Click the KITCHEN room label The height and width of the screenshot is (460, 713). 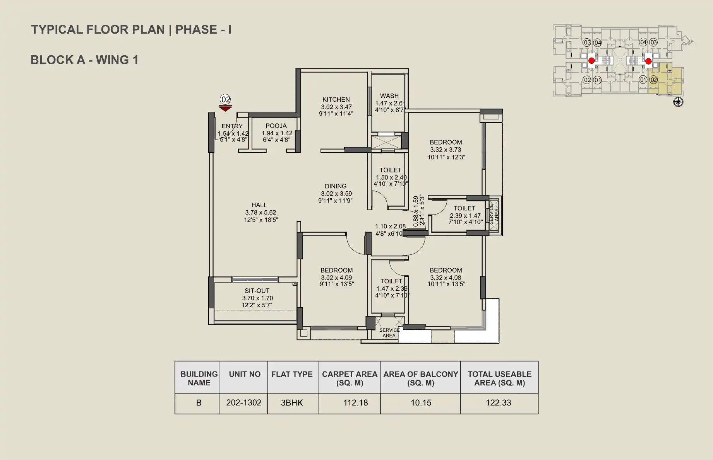pos(336,99)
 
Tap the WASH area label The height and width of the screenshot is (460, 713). pos(389,96)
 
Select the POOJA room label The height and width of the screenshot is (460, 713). pos(276,126)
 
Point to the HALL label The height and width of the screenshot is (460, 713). pos(259,205)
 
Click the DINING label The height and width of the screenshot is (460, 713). pos(336,186)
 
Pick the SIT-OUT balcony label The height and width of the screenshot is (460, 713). pos(257,291)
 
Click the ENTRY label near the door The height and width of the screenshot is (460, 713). pos(232,126)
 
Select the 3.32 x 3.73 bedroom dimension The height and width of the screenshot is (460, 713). pos(446,150)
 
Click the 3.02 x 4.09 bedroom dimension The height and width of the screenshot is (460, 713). pos(336,278)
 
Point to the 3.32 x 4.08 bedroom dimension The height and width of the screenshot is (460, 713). pos(446,278)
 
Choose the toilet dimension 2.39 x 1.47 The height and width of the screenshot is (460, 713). pos(465,216)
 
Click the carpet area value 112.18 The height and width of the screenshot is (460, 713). pos(355,403)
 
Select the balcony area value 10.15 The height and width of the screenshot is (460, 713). pos(421,403)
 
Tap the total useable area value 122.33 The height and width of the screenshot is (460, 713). pos(499,403)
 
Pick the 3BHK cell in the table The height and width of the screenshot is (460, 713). pos(292,403)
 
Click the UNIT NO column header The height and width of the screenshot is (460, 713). pos(245,374)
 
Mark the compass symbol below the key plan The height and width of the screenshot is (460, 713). pos(678,102)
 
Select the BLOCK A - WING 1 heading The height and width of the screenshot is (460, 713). pos(84,60)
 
